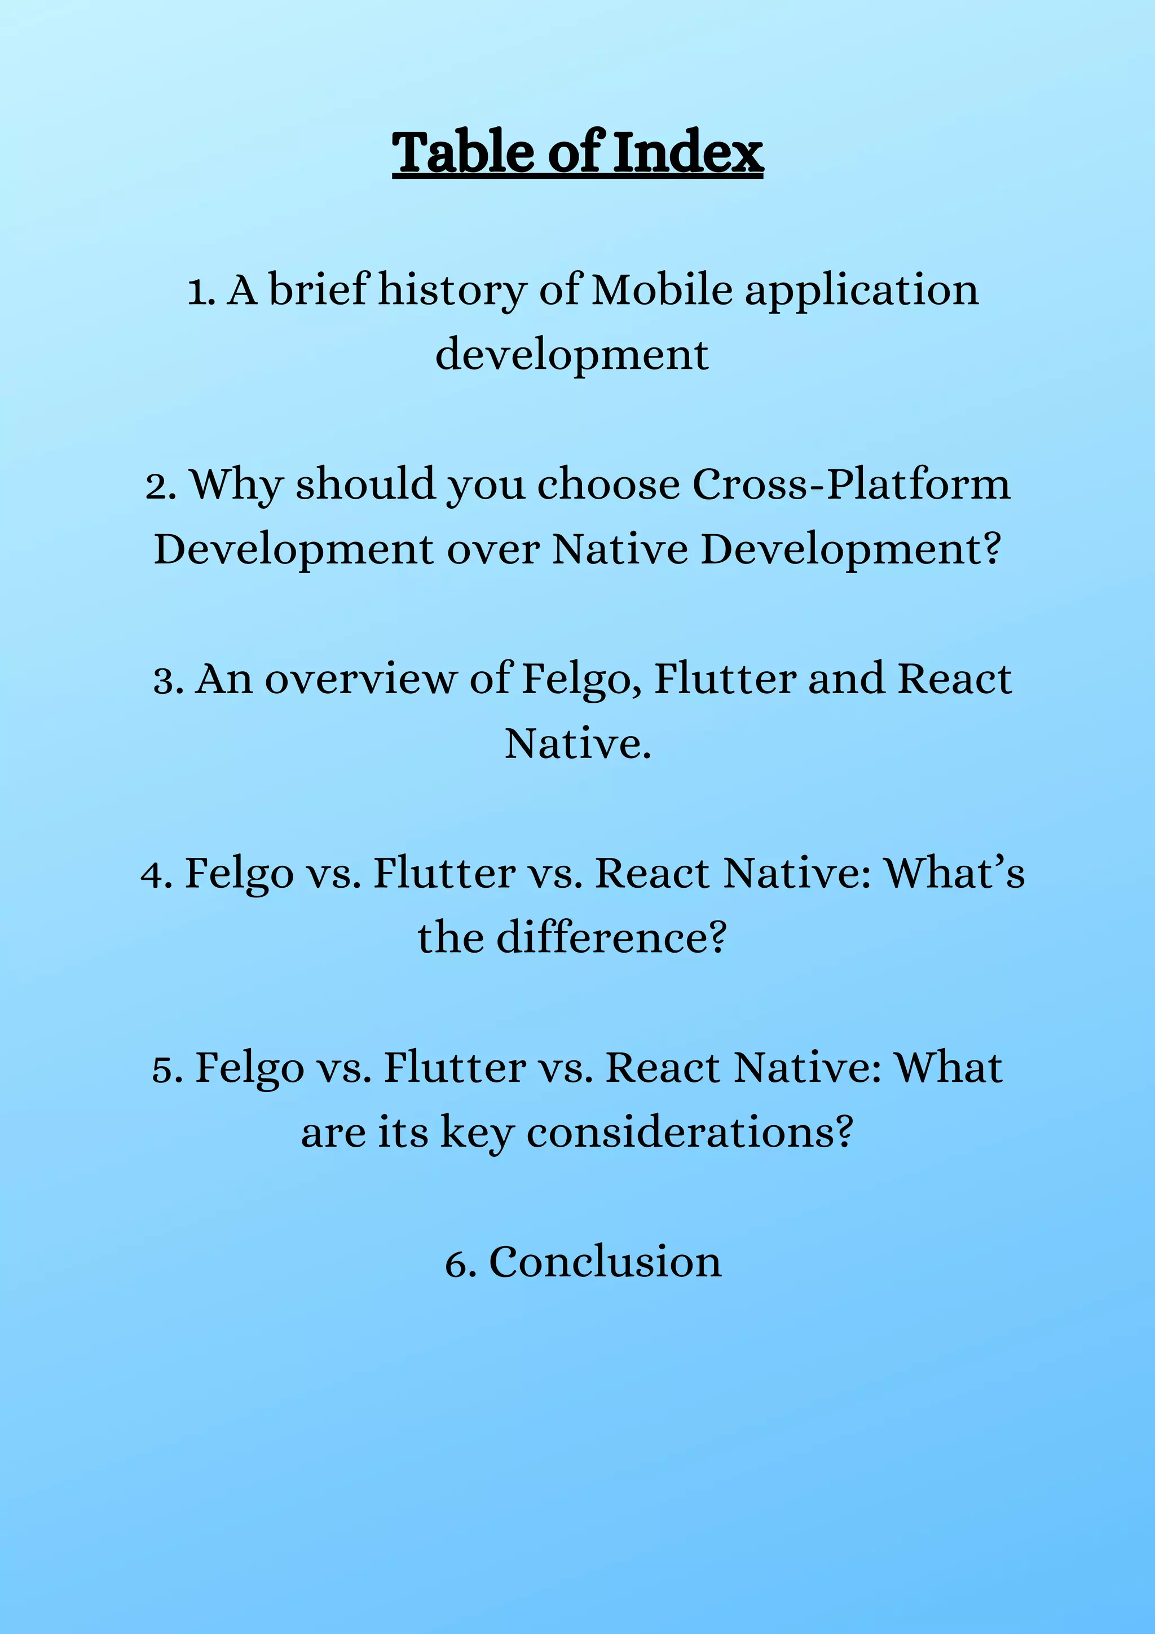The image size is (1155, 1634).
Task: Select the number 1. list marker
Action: [201, 292]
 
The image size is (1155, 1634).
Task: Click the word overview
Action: [362, 680]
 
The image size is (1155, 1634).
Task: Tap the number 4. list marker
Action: [157, 875]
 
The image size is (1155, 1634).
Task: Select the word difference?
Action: [611, 938]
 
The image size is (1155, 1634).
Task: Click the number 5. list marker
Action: [168, 1069]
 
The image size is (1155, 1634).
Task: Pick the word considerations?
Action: [689, 1132]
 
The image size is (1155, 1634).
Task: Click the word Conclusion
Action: [605, 1263]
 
